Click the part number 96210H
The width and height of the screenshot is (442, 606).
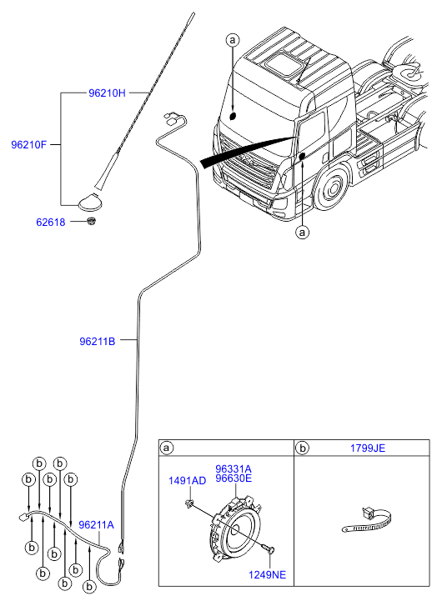[107, 93]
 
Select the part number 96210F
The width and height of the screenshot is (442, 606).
[28, 145]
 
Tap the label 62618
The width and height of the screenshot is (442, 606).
[51, 223]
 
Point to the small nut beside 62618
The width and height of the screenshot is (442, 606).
[91, 222]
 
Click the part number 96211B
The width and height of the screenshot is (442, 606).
[98, 342]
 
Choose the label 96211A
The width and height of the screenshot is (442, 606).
[96, 525]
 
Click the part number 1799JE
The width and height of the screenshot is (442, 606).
[368, 448]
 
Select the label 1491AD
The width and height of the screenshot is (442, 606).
[187, 481]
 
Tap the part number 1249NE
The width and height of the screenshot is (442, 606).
[267, 574]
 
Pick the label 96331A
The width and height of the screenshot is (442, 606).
[234, 468]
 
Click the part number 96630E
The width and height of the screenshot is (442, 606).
[234, 478]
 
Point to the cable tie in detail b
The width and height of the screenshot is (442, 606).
[367, 521]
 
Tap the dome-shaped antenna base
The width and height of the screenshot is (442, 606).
[91, 202]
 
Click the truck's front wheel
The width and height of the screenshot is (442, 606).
[330, 189]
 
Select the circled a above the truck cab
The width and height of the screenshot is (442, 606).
[232, 40]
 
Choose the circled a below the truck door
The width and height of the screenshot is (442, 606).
[303, 232]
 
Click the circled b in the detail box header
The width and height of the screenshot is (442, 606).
[303, 448]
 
